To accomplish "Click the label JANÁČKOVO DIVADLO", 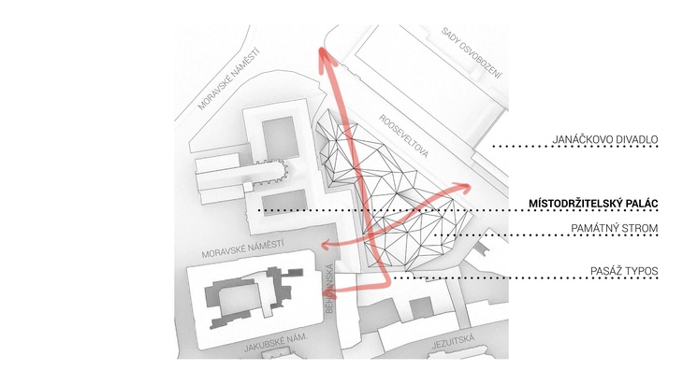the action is (x=605, y=139).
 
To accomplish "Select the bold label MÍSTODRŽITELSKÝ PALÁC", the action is (x=593, y=204).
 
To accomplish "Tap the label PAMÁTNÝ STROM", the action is (x=614, y=228).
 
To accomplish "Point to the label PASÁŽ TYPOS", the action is (x=624, y=271).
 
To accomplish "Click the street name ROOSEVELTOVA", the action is (x=404, y=135).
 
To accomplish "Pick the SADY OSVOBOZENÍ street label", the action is (x=472, y=52).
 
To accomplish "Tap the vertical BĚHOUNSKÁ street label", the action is (x=329, y=289).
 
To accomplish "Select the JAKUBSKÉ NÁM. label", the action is (x=276, y=343).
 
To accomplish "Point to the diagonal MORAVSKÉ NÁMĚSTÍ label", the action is (x=228, y=78).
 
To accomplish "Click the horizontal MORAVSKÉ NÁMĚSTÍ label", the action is (x=242, y=249).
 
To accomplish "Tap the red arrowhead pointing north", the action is (x=325, y=58).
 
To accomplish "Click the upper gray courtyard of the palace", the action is (x=281, y=137).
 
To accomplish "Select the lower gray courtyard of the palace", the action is (x=284, y=202).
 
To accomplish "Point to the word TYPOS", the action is (x=642, y=271).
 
